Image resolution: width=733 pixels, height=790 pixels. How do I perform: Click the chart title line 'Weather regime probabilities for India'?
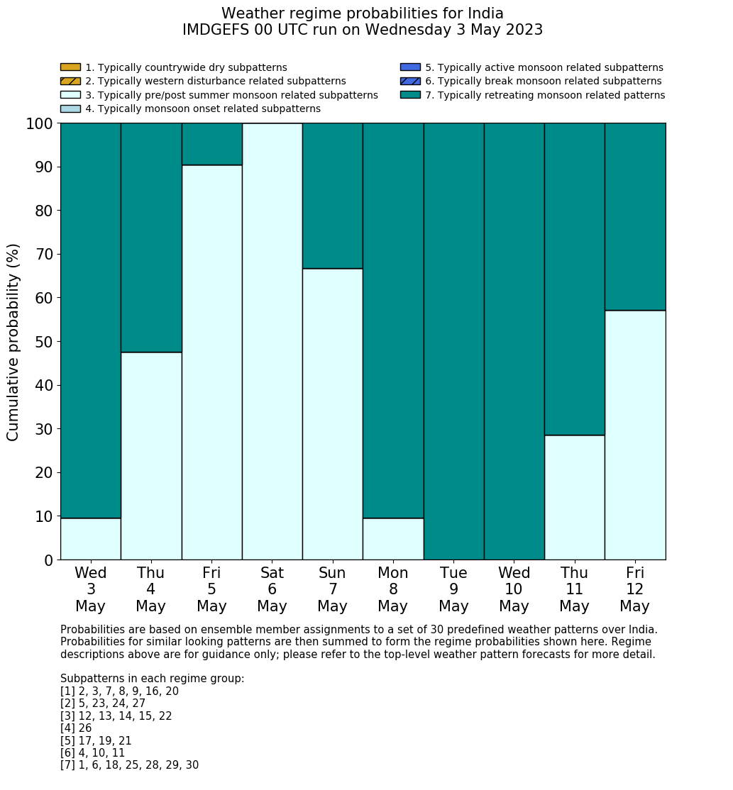pyautogui.click(x=362, y=13)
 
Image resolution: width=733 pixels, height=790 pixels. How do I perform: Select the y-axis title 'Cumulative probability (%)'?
pyautogui.click(x=13, y=342)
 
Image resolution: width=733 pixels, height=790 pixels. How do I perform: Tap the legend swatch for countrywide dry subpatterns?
pyautogui.click(x=70, y=67)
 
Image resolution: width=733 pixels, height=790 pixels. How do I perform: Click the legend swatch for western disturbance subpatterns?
pyautogui.click(x=70, y=81)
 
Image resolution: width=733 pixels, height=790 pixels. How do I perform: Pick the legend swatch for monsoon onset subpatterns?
pyautogui.click(x=70, y=109)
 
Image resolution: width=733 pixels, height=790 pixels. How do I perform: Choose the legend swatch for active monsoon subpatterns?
pyautogui.click(x=410, y=67)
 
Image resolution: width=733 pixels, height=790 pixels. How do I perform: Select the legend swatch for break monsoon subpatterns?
pyautogui.click(x=410, y=81)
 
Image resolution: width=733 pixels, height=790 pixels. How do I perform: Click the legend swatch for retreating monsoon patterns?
pyautogui.click(x=410, y=95)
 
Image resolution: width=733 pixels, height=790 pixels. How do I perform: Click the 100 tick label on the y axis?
pyautogui.click(x=40, y=123)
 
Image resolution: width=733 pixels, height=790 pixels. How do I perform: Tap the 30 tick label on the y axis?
pyautogui.click(x=44, y=429)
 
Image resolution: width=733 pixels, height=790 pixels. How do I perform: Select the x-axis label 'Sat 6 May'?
pyautogui.click(x=272, y=589)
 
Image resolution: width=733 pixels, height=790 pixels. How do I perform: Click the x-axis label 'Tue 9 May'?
pyautogui.click(x=453, y=589)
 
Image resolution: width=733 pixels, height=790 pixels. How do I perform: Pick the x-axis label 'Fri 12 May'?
pyautogui.click(x=634, y=589)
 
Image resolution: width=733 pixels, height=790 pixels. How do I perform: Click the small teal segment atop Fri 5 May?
pyautogui.click(x=211, y=144)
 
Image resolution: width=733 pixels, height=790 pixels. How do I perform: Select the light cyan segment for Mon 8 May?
pyautogui.click(x=393, y=539)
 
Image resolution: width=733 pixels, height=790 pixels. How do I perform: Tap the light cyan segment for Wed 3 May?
pyautogui.click(x=91, y=539)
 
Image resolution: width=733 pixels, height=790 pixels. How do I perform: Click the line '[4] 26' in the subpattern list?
pyautogui.click(x=76, y=728)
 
